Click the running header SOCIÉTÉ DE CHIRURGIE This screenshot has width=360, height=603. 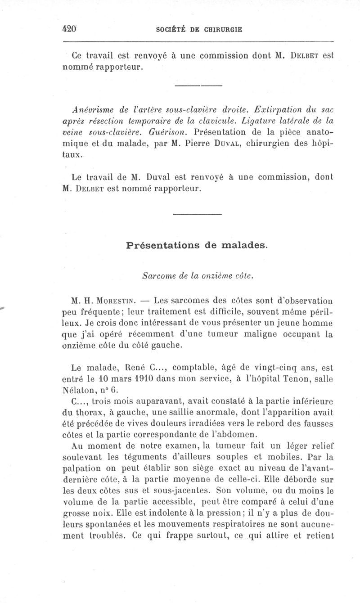tap(199, 30)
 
